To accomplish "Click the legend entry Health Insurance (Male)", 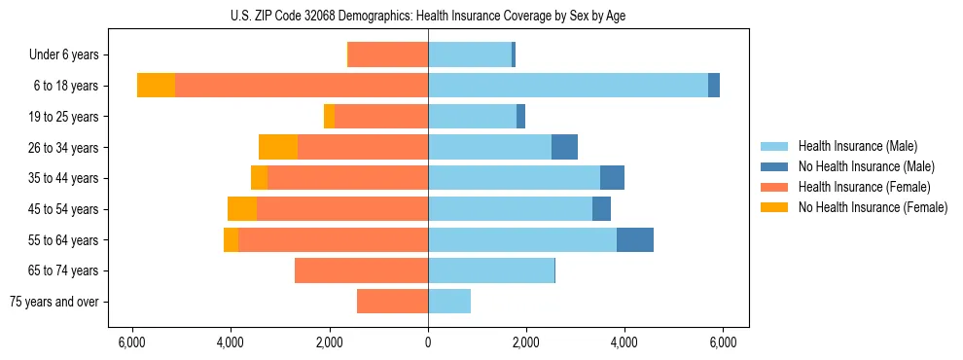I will [x=857, y=146].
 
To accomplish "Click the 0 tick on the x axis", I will [x=428, y=342].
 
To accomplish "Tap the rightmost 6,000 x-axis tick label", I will [x=723, y=342].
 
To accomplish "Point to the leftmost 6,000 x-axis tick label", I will [x=132, y=342].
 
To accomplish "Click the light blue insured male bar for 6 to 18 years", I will [x=568, y=86].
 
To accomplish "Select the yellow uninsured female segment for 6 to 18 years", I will [x=156, y=86].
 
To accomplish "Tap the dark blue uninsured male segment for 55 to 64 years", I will [x=634, y=239].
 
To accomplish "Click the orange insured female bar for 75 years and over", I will [x=392, y=302].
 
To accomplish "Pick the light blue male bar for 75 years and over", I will [x=449, y=302].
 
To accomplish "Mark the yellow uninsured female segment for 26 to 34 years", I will [x=278, y=147].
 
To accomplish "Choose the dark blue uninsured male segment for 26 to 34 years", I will [x=564, y=147].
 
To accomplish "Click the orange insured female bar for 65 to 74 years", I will [x=361, y=270].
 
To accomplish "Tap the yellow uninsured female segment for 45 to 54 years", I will [x=242, y=209].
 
